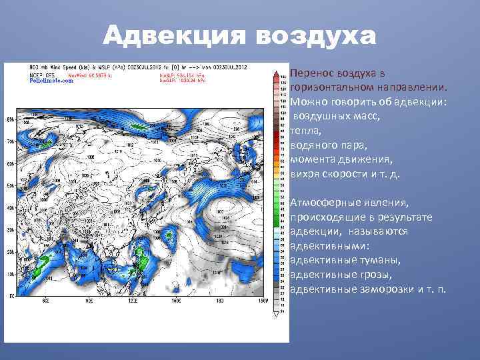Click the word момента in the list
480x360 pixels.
tap(311, 160)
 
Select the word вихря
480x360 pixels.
tap(305, 175)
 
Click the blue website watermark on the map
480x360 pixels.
tap(47, 80)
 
